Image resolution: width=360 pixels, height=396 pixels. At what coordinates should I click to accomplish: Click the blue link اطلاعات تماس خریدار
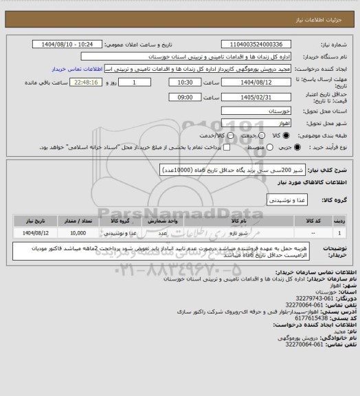(76, 69)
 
